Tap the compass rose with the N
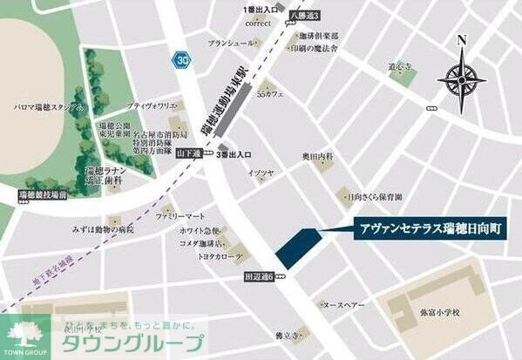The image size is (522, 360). pos(461,77)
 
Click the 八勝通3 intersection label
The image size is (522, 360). pos(305,15)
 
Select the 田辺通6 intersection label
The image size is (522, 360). pos(259,277)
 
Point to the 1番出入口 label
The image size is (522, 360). pos(261,9)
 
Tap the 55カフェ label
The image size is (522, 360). pos(270,94)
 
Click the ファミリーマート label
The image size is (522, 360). pos(181,215)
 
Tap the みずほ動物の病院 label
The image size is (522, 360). pos(104,229)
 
